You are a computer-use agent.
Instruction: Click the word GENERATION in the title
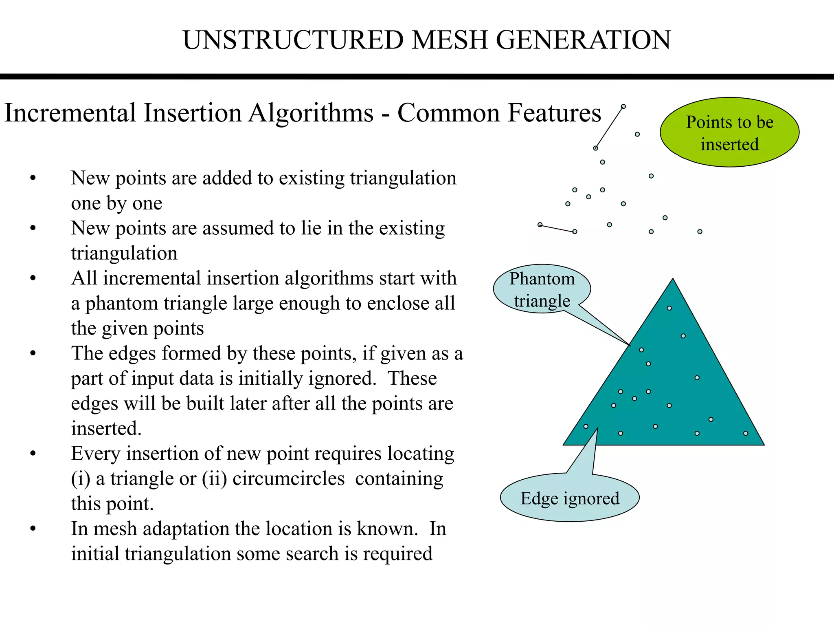tap(583, 40)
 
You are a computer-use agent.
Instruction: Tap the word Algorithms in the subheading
tap(311, 113)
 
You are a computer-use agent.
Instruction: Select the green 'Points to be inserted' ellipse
tap(729, 132)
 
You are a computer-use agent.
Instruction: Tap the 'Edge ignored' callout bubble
tap(569, 498)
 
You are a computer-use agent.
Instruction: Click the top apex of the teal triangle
tap(673, 280)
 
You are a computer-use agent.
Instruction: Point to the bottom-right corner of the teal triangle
tap(763, 444)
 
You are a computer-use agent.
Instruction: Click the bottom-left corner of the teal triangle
tap(564, 444)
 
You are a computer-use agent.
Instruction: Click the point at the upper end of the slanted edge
tap(623, 107)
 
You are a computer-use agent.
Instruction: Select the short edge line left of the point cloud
tap(557, 228)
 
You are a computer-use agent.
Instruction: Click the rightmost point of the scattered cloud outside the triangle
tap(700, 231)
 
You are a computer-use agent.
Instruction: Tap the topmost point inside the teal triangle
tap(669, 308)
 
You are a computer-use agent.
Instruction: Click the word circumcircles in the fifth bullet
tap(288, 478)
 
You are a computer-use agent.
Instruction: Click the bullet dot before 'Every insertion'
tap(33, 454)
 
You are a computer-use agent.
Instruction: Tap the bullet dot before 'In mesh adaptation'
tap(33, 529)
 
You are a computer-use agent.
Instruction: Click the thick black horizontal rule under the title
tap(417, 77)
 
